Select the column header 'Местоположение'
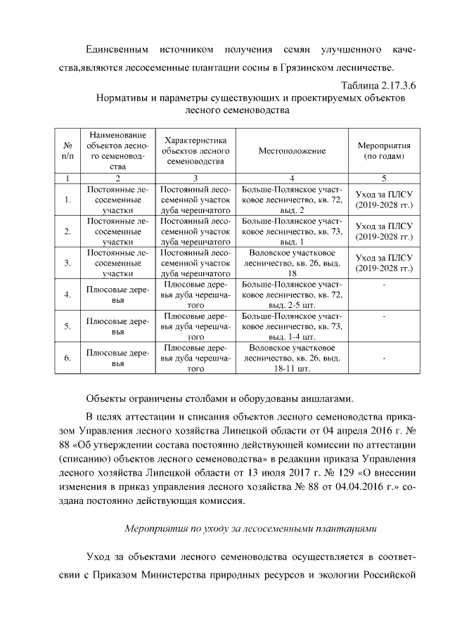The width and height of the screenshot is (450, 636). coord(292,150)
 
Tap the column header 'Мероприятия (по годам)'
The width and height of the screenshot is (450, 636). coord(384,150)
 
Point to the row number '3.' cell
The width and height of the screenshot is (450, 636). coord(67,264)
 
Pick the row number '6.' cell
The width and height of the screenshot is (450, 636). coord(67,358)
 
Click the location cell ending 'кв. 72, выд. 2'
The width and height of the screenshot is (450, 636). coord(292,200)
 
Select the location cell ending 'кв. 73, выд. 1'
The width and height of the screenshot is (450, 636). coord(292,232)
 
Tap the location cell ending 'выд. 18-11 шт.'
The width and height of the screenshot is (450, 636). coord(292,358)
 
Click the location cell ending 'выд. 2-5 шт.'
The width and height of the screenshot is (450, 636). coord(292,295)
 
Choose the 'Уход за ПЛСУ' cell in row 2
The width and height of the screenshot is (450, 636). coord(384,232)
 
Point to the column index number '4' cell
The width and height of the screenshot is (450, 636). coord(292,179)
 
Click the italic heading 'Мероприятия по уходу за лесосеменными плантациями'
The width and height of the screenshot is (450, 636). coord(251,526)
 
